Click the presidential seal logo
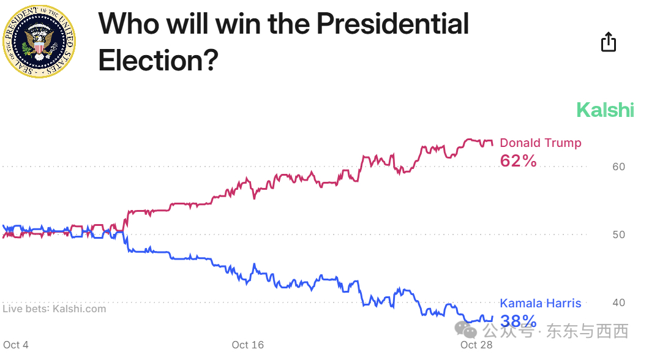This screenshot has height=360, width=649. tap(39, 40)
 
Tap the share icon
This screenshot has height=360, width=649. tap(608, 42)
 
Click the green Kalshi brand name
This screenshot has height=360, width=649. tap(605, 110)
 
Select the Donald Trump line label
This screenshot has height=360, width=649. tap(540, 143)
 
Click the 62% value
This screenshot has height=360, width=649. tap(518, 161)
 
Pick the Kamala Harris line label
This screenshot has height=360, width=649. tap(540, 303)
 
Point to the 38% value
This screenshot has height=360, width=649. tap(518, 321)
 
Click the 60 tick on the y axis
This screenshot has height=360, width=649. tap(618, 167)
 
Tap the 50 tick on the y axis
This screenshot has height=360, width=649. tap(618, 234)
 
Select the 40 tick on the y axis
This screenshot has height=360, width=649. tap(618, 302)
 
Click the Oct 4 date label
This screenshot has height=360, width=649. tap(16, 345)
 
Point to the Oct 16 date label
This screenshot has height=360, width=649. tap(248, 345)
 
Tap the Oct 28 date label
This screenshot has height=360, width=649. tap(476, 345)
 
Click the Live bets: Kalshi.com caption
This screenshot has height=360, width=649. tap(54, 309)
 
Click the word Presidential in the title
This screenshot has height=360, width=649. tap(392, 24)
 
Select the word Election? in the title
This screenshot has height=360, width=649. tap(158, 60)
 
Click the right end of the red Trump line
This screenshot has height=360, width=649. tap(492, 144)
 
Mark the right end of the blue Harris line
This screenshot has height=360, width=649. tap(492, 317)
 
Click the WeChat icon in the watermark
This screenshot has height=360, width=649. tap(470, 331)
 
